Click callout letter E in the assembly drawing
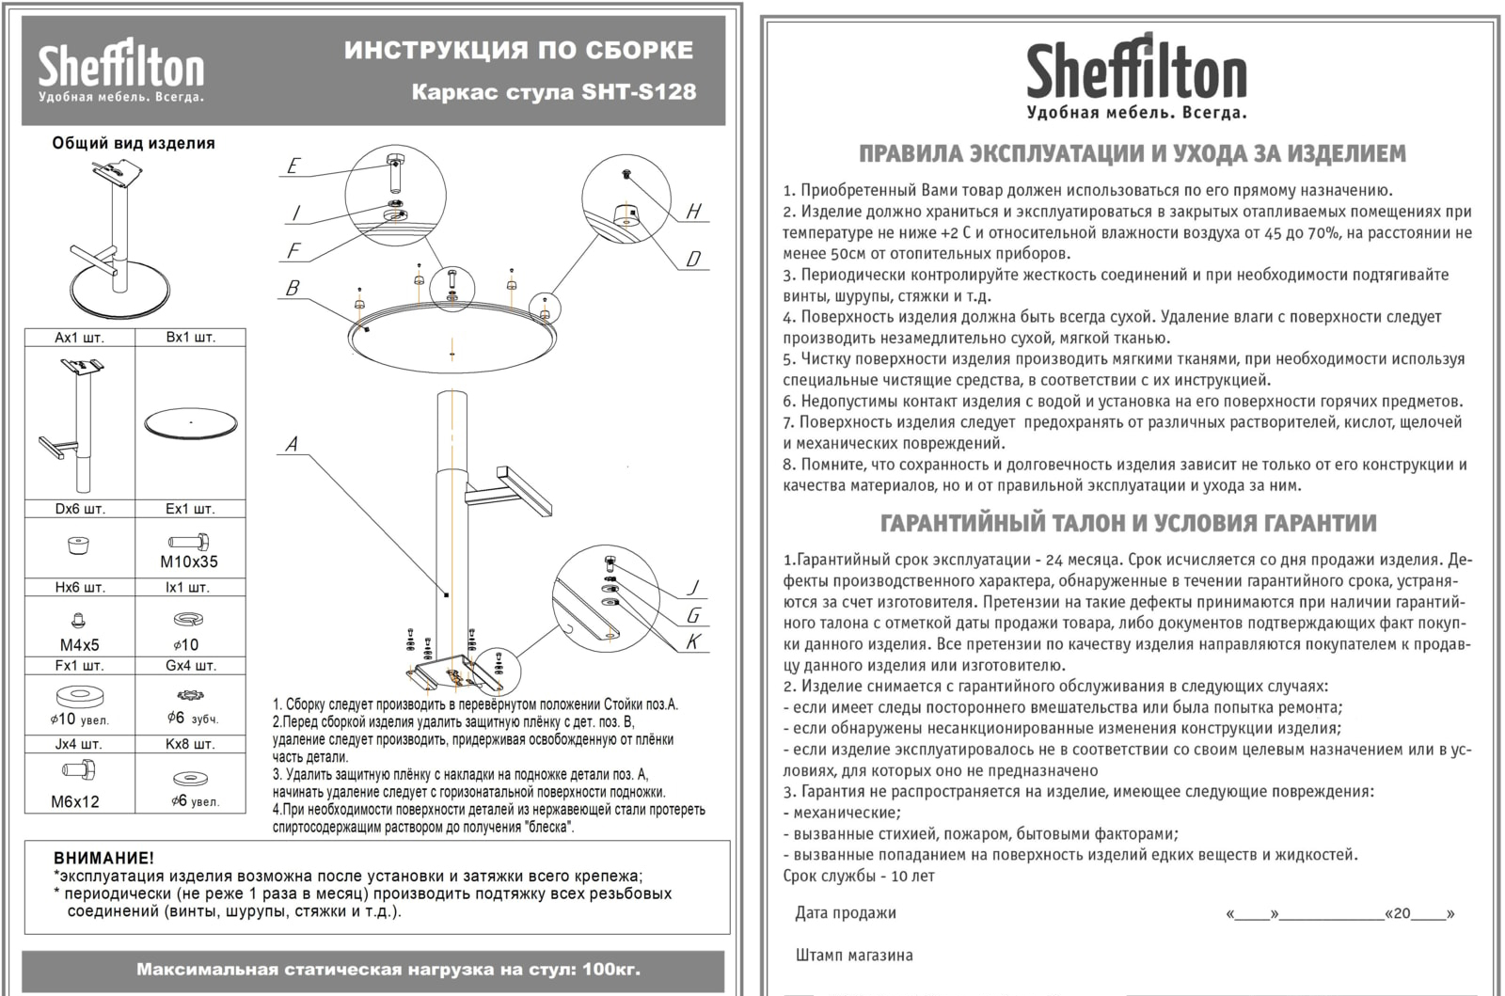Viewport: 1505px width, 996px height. click(x=293, y=166)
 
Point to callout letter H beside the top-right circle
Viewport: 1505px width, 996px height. click(x=694, y=212)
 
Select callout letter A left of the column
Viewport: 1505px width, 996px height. click(x=292, y=444)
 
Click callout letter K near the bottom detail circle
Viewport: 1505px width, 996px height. click(x=694, y=642)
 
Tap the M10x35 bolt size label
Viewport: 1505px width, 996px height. click(x=190, y=562)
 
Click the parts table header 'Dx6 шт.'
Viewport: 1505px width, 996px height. click(x=80, y=509)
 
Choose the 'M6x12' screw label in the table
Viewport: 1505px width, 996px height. click(x=75, y=801)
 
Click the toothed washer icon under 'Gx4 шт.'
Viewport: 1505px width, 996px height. click(x=190, y=696)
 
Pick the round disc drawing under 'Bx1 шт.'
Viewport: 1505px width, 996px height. click(x=191, y=422)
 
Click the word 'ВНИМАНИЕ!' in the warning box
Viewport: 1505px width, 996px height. click(x=104, y=858)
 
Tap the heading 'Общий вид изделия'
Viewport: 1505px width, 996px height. click(x=134, y=143)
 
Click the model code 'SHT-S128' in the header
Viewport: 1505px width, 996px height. click(x=639, y=92)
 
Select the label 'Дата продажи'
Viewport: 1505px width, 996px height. click(x=846, y=912)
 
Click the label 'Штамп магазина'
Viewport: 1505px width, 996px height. click(x=853, y=955)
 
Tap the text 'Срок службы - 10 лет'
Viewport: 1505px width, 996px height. click(x=859, y=876)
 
